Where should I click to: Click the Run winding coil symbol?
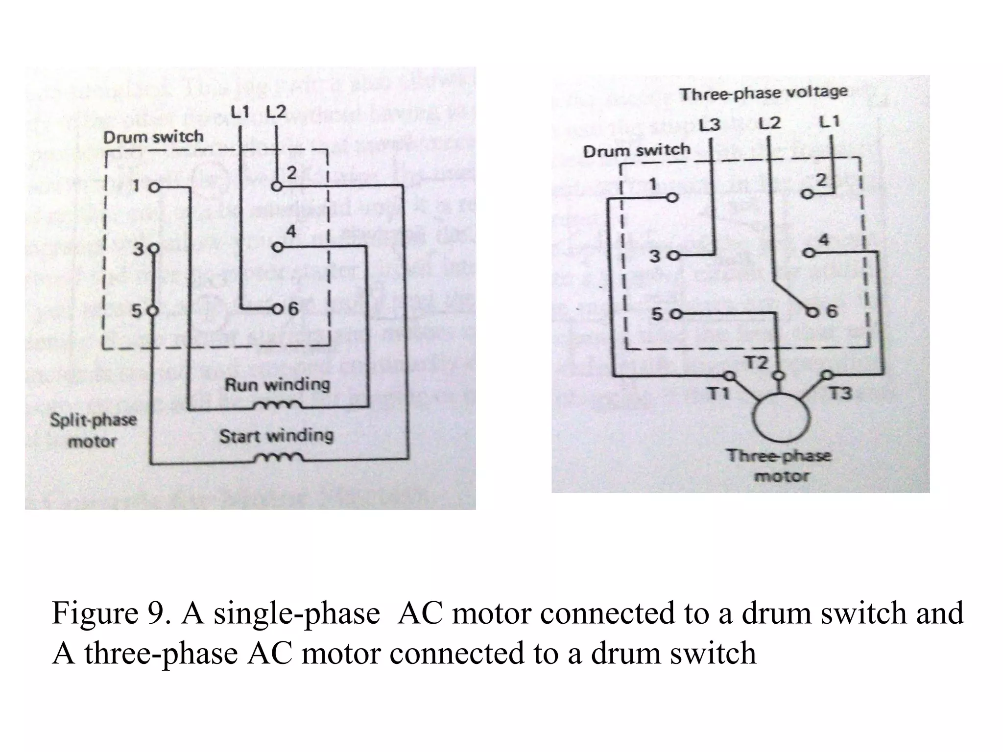[x=278, y=406]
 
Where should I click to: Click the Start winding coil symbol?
[x=278, y=458]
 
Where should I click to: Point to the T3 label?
[x=840, y=393]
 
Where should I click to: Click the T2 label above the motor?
[x=757, y=363]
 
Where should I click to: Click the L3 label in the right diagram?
[x=709, y=125]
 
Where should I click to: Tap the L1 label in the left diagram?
[x=240, y=113]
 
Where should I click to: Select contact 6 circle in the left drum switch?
[x=277, y=309]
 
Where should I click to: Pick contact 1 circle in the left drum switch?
[x=154, y=188]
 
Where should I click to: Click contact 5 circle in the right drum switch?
[x=676, y=315]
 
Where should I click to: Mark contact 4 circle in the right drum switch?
[x=809, y=253]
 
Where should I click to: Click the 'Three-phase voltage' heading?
[x=763, y=93]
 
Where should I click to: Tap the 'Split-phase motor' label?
[x=93, y=430]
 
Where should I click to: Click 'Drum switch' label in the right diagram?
[x=636, y=150]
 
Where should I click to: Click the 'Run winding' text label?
[x=277, y=384]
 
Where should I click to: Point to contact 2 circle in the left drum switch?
[x=277, y=187]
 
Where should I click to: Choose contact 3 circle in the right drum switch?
[x=674, y=256]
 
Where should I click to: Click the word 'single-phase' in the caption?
[x=296, y=613]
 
